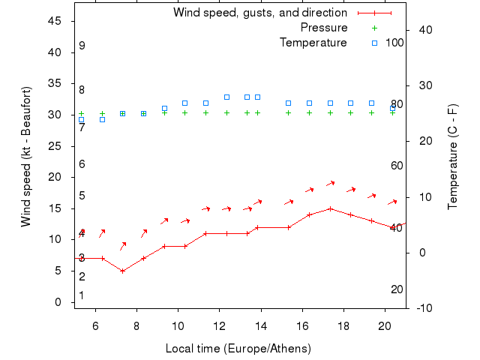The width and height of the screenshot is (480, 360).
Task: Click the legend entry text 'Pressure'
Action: pyautogui.click(x=324, y=28)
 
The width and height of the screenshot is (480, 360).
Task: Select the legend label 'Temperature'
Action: pyautogui.click(x=313, y=43)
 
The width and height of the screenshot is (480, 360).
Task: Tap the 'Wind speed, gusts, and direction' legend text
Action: pyautogui.click(x=260, y=13)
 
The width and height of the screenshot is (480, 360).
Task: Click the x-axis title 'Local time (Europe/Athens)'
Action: pyautogui.click(x=238, y=349)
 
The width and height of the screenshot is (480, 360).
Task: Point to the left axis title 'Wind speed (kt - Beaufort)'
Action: pyautogui.click(x=26, y=157)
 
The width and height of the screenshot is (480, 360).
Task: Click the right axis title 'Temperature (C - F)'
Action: pyautogui.click(x=453, y=157)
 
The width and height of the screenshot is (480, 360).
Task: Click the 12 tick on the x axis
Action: pyautogui.click(x=219, y=326)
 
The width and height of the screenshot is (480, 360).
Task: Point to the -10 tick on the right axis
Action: pyautogui.click(x=422, y=308)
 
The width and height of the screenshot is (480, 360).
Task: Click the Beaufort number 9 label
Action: pyautogui.click(x=82, y=46)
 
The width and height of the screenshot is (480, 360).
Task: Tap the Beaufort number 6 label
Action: pyautogui.click(x=82, y=164)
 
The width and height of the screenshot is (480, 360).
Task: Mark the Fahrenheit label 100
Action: pyautogui.click(x=395, y=43)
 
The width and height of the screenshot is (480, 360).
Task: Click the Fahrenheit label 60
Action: pyautogui.click(x=397, y=166)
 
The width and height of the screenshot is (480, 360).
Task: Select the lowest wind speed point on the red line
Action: pyautogui.click(x=123, y=271)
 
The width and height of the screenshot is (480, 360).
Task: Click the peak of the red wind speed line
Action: pyautogui.click(x=330, y=208)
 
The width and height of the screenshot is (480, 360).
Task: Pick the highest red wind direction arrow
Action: pyautogui.click(x=330, y=183)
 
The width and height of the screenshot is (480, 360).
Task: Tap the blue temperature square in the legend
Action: pyautogui.click(x=375, y=43)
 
